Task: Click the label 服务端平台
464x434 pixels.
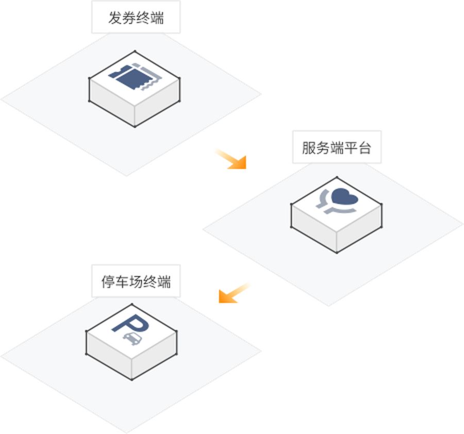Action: (336, 148)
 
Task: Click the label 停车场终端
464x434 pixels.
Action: (136, 282)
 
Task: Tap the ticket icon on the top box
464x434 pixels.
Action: (135, 78)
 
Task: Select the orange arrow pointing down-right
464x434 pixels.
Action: (233, 159)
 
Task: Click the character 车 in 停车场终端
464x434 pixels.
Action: (122, 282)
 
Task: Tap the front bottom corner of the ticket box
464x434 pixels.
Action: (135, 126)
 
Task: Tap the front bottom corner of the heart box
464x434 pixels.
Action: (337, 252)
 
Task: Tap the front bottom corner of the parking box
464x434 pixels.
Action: (131, 379)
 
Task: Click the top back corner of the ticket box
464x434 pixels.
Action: (135, 51)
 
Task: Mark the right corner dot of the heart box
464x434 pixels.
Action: (382, 227)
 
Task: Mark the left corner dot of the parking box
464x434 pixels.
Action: (86, 354)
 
